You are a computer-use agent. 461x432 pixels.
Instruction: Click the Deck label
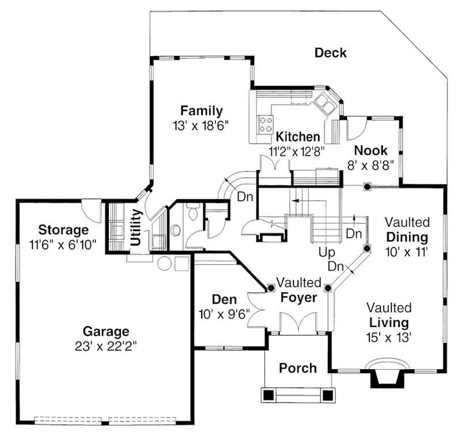point(330,53)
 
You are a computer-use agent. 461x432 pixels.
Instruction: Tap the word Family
point(201,111)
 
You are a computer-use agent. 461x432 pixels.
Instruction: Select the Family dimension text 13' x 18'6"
point(201,125)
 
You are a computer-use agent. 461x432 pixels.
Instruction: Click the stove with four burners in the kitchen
point(266,125)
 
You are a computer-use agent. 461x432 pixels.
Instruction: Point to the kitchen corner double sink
point(323,104)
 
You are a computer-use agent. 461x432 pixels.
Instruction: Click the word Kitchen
point(297,137)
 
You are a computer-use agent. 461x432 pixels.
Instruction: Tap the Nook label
point(371,151)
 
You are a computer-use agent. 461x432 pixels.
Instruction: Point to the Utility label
point(136,227)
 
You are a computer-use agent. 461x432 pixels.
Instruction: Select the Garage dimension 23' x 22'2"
point(106,346)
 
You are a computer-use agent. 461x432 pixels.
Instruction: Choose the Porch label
point(297,368)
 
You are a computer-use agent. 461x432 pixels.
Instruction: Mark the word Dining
point(407,237)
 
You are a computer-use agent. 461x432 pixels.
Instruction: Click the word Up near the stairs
point(327,253)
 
